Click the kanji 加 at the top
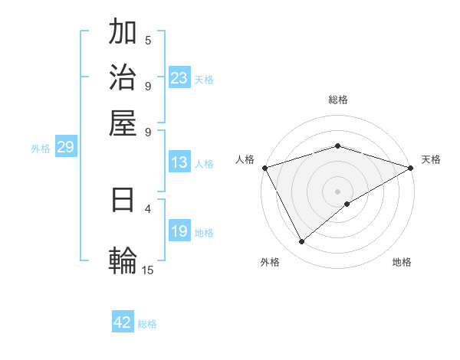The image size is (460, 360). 123,34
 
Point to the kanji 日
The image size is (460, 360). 123,201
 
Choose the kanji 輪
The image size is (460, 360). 123,259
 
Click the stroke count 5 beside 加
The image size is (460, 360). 148,41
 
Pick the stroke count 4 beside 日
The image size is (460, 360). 148,208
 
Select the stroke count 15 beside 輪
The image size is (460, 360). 147,270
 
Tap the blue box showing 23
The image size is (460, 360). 179,78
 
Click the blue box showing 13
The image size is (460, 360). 179,162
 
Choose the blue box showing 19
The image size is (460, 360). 179,231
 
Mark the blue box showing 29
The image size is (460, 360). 65,147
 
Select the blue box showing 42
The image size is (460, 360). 123,322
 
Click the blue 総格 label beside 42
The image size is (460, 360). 147,324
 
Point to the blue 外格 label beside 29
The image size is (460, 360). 41,149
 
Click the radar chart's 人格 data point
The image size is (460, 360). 264,168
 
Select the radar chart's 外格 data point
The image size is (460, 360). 302,242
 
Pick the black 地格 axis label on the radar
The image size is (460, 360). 402,263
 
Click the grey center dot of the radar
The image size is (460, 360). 338,191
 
